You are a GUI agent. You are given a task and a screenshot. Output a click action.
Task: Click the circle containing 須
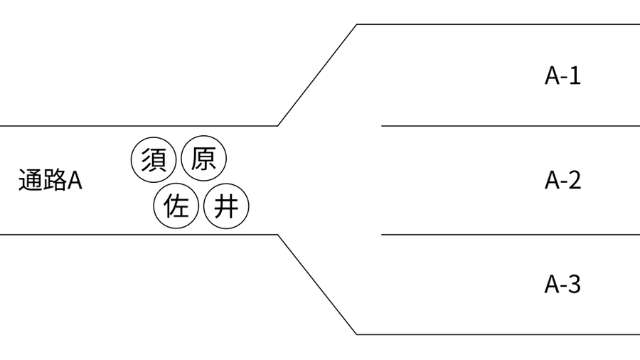point(154,159)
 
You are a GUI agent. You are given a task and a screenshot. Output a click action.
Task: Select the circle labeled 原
point(203,159)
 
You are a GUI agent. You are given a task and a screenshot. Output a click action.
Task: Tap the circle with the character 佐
point(176,206)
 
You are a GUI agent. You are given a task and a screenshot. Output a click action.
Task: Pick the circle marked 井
point(226,206)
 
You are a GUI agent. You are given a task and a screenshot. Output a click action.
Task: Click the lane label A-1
point(562,76)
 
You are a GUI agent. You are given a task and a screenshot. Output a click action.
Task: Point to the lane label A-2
point(562,180)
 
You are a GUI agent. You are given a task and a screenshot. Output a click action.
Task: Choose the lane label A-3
point(562,284)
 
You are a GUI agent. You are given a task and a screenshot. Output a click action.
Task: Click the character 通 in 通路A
point(31,180)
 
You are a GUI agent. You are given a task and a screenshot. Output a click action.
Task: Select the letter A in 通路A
point(75,181)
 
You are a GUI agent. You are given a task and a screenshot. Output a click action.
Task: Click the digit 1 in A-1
point(575,76)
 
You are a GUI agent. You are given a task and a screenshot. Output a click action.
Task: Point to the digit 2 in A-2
point(575,180)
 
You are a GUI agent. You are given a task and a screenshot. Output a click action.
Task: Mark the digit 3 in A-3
point(575,284)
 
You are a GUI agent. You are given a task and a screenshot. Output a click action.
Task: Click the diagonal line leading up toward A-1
point(317,75)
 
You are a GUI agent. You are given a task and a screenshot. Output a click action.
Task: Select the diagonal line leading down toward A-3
point(317,285)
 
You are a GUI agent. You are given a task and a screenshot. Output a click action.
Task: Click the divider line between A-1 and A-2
point(511,126)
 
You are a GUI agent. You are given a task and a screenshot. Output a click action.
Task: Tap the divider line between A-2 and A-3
point(511,235)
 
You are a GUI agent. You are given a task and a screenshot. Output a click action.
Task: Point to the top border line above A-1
point(498,24)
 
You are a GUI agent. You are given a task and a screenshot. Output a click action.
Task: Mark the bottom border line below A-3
point(498,334)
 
